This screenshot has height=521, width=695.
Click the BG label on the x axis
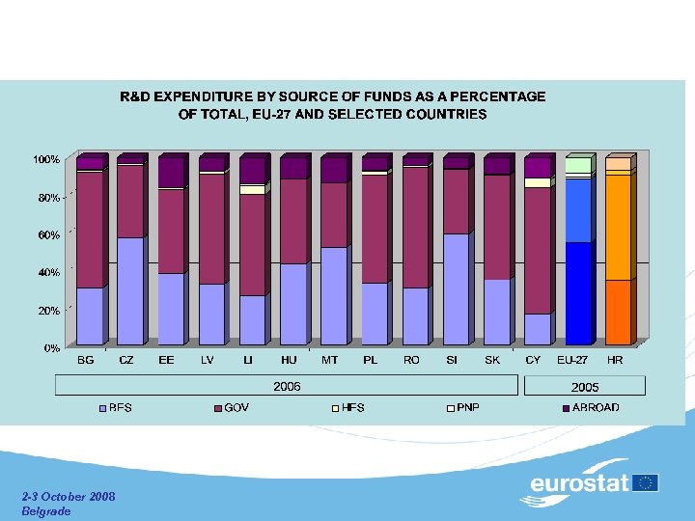(86, 360)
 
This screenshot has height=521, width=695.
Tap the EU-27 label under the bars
(572, 360)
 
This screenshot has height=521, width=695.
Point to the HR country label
(616, 360)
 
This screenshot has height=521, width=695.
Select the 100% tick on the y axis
(47, 158)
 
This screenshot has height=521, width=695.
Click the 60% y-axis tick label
(49, 234)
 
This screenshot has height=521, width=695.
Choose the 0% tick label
(52, 347)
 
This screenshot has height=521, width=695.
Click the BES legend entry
(120, 407)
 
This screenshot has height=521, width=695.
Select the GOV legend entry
(236, 407)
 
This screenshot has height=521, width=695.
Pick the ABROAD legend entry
(596, 407)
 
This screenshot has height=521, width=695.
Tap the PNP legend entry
(467, 407)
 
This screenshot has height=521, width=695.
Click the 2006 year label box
(287, 386)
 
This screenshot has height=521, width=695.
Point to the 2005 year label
(585, 386)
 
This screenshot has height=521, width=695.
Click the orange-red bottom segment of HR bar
(618, 312)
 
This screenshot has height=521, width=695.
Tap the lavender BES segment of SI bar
(456, 288)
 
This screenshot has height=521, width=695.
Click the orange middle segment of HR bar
(618, 227)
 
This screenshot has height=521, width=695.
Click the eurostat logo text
(579, 482)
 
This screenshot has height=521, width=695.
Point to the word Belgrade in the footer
(46, 510)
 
